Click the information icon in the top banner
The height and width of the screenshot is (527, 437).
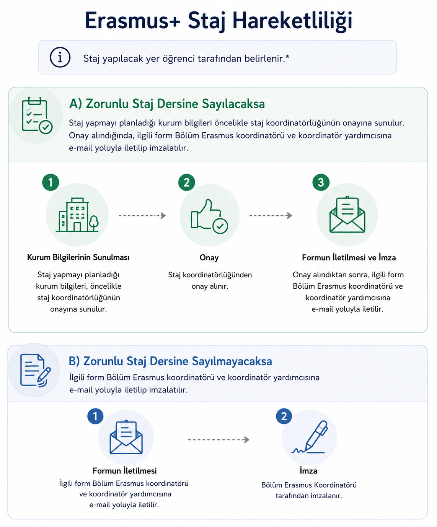[60, 57]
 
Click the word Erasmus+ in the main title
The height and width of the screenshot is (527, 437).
[133, 21]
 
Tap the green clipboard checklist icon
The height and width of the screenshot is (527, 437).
[37, 115]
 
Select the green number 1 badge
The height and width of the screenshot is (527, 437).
[51, 182]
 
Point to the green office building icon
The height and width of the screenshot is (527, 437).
[77, 215]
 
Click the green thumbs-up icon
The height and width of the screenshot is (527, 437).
[209, 216]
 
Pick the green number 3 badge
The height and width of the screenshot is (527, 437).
[321, 182]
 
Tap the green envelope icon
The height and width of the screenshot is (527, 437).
[347, 215]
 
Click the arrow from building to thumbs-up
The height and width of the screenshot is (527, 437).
[142, 216]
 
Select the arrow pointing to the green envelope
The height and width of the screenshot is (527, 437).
[271, 216]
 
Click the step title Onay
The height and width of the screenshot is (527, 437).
[209, 258]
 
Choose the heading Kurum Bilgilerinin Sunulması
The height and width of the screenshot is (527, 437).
[78, 257]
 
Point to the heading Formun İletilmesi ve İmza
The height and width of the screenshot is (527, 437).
[349, 257]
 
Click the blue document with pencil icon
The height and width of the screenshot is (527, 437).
[35, 370]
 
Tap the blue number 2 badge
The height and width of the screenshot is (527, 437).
[284, 416]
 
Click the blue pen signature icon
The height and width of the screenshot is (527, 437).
[310, 437]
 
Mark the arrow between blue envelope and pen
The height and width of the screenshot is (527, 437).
[218, 440]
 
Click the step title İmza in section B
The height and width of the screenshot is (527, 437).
[308, 471]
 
